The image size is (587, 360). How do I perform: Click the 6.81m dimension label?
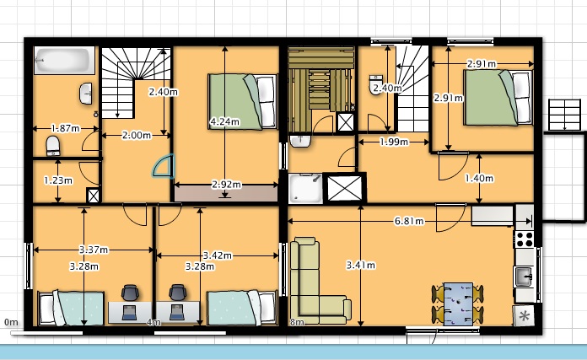pos(409,221)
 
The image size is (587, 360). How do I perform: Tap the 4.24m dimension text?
pos(224,121)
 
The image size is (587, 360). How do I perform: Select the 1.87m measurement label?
pos(66,128)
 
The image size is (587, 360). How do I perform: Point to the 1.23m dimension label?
pos(58,180)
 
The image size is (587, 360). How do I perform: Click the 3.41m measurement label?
pos(360,266)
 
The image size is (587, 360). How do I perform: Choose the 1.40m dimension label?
pos(479,179)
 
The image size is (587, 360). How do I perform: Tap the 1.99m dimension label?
pos(394,142)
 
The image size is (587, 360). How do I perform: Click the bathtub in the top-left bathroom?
pos(64,60)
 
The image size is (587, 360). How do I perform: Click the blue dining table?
pos(458,304)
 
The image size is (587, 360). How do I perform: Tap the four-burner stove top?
pos(525,239)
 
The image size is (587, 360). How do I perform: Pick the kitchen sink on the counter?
pos(524,277)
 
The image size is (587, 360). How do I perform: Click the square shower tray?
pos(305,188)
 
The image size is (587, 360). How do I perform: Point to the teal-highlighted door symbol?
pos(164,166)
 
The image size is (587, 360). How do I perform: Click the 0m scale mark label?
pos(11,322)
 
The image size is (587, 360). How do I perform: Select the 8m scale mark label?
pos(297,322)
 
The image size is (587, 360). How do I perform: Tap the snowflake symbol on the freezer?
pos(524,316)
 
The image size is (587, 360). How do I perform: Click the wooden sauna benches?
pos(321,79)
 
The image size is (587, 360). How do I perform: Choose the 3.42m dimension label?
pos(217,255)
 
